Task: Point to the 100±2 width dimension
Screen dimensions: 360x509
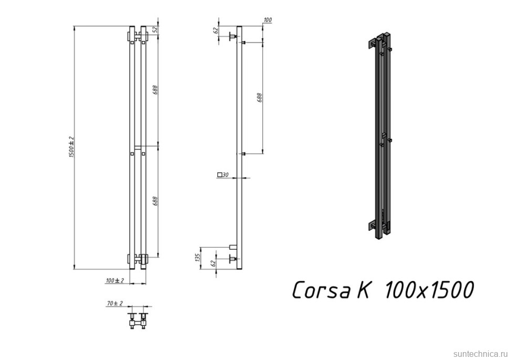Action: coord(114,281)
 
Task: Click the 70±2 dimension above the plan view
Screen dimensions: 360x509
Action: coord(114,303)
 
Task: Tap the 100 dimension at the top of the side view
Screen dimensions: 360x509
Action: coord(268,20)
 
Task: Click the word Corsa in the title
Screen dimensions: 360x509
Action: coord(321,290)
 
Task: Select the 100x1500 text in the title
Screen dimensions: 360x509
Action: coord(429,290)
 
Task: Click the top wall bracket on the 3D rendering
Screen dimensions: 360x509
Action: coord(374,44)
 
